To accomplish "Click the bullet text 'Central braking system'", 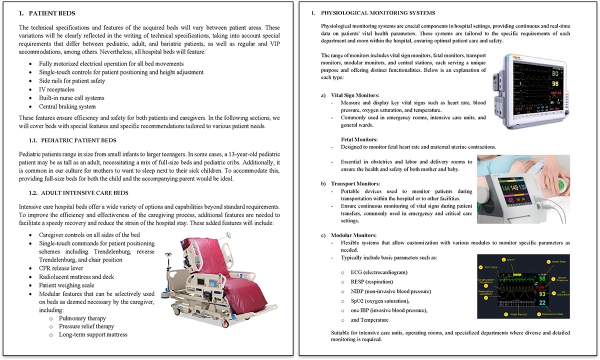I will (67, 106).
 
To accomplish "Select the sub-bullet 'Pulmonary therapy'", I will (82, 318).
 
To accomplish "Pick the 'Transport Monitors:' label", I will (354, 183).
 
